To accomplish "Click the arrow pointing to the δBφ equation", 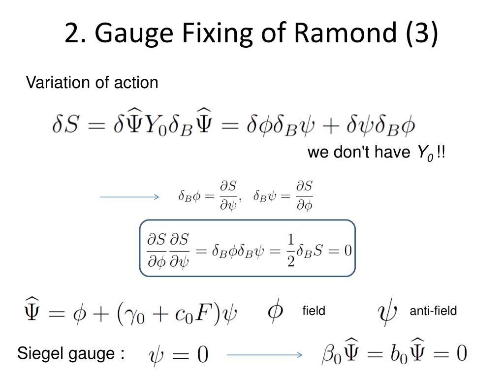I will (129, 197).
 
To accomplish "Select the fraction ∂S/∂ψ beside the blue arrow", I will (228, 196).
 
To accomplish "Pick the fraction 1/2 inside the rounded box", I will (290, 251).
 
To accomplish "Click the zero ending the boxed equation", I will (348, 251).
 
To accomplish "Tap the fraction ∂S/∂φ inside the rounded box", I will (157, 251).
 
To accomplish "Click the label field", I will (314, 311).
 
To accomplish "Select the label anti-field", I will (433, 311).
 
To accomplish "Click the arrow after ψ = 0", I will (264, 354).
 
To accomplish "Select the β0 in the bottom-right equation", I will (331, 354).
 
